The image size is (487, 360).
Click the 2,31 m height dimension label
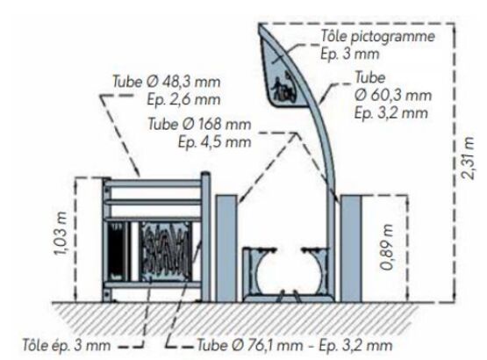(468, 158)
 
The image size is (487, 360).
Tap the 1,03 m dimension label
(61, 234)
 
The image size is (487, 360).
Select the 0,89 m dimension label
(387, 248)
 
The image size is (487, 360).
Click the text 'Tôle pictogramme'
(377, 36)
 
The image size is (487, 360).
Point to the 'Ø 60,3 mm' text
(393, 95)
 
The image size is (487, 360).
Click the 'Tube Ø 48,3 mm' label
(166, 82)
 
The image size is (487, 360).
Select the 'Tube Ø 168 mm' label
(199, 125)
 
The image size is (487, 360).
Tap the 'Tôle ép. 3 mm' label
(66, 345)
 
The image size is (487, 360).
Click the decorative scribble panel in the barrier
(166, 251)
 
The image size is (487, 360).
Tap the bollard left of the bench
(226, 248)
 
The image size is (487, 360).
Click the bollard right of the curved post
(351, 248)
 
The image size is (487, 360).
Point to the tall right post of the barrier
(205, 236)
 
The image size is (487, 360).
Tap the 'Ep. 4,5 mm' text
(214, 142)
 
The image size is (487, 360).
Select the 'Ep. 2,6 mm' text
(183, 99)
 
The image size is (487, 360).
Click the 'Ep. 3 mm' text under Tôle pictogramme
(350, 54)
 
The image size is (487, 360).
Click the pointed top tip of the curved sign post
(260, 25)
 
